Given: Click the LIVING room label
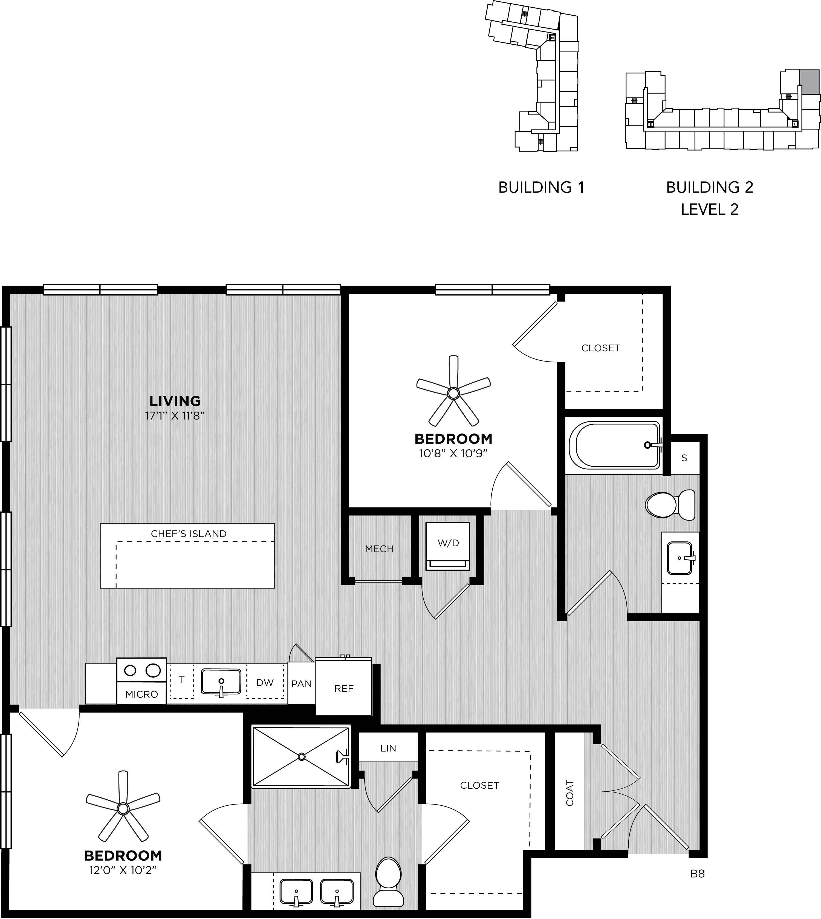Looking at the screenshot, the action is (175, 401).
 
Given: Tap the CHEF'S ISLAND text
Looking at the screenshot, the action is (189, 533).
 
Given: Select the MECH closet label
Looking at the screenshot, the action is (379, 549).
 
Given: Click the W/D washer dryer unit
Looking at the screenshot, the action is (448, 547).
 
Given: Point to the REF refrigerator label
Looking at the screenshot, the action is (344, 689).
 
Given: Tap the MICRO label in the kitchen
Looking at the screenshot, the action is (142, 694).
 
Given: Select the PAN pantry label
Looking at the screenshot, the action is (301, 684).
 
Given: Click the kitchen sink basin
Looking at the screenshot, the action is (221, 682).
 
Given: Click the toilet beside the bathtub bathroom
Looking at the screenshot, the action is (670, 505).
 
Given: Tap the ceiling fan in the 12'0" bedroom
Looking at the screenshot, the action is (123, 808).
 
